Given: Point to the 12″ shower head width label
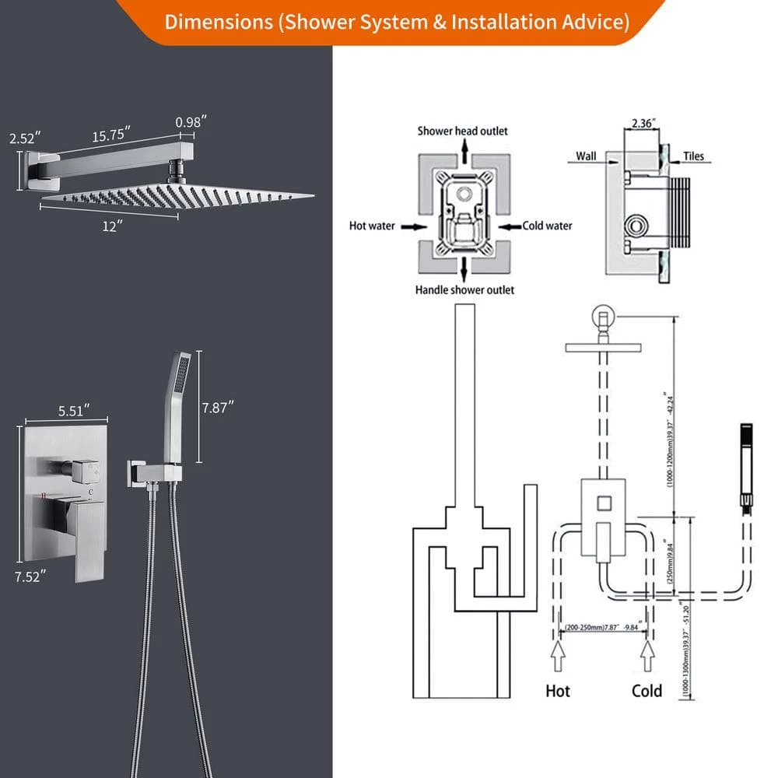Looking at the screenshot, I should coord(109,226).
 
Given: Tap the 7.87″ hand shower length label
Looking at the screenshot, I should coord(217,408).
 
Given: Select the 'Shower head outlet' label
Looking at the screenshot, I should coord(462,131).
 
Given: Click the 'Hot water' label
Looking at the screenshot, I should coord(372,226).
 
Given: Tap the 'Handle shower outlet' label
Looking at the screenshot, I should coord(464,290).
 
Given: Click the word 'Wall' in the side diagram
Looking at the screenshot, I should coord(586,156).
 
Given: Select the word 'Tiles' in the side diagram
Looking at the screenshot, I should coord(693,156).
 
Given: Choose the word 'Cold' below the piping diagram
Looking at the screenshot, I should coord(647,691).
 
